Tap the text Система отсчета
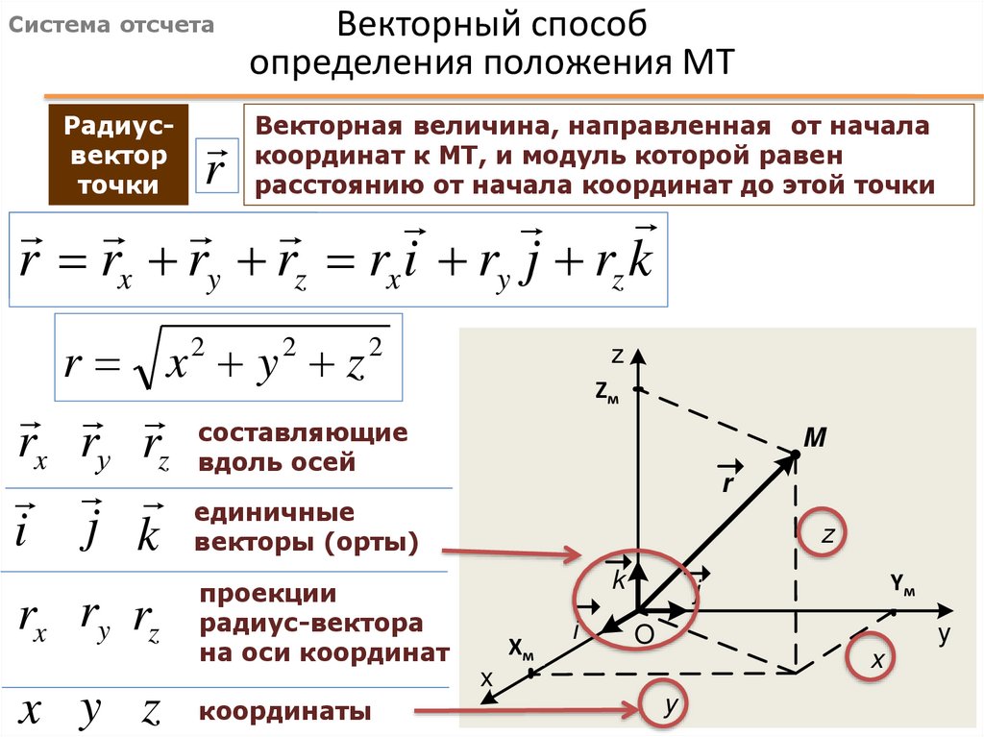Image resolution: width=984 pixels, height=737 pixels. [x=111, y=26]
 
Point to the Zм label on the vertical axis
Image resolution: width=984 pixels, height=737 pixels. [x=607, y=391]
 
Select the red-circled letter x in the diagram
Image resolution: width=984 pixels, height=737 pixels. [x=876, y=660]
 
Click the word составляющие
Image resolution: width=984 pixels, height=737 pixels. [x=303, y=433]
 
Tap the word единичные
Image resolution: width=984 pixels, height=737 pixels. [x=274, y=512]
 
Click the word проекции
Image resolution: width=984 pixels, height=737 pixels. [x=267, y=593]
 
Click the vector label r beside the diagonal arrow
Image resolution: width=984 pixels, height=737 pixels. [x=727, y=480]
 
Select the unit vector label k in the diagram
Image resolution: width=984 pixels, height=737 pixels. [x=619, y=579]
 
